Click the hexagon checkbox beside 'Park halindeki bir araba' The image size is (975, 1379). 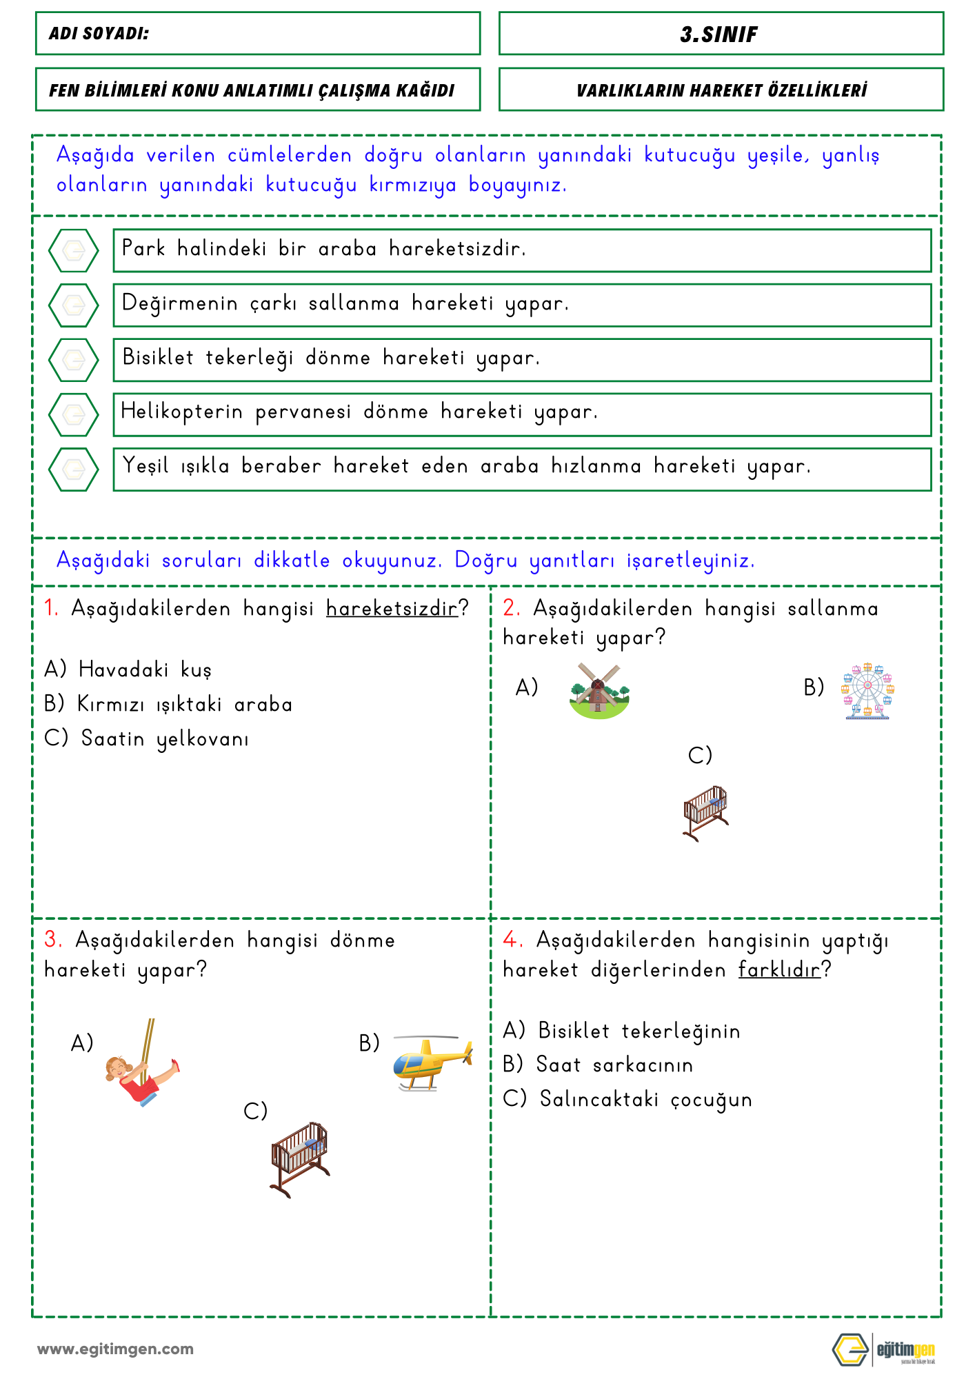pos(74,250)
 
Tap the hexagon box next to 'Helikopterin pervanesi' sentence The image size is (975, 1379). pos(74,414)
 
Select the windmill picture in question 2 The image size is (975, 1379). pos(599,691)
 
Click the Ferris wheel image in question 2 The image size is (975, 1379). pos(867,691)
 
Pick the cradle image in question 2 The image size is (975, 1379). pos(705,812)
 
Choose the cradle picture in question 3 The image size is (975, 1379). pos(300,1159)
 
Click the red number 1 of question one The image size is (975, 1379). pos(50,608)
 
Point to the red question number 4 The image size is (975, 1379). pos(510,940)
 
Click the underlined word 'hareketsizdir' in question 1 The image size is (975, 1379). pos(392,609)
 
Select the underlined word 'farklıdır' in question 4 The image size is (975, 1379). pos(779,970)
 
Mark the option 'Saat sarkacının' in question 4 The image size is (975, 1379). pos(614,1065)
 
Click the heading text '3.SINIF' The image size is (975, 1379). pos(719,34)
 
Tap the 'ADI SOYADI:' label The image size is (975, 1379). pos(99,34)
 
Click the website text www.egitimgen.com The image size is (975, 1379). pos(115,1349)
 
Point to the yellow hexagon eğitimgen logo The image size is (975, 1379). pos(850,1350)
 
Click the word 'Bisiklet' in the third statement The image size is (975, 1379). pos(158,357)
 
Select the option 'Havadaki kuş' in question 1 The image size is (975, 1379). pos(145,670)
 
